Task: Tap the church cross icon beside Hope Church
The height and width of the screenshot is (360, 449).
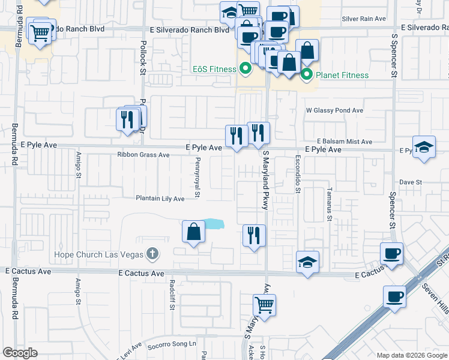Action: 152,254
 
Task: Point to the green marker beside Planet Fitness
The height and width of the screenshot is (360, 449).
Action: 307,75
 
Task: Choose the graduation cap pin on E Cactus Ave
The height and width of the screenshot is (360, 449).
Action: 307,262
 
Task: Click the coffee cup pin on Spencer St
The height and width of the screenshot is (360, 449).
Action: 391,253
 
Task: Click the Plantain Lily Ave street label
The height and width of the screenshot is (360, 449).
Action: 160,199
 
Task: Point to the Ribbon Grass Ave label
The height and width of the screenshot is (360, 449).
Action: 143,155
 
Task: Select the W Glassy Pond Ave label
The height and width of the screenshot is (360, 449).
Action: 334,110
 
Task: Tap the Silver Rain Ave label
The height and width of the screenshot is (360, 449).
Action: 364,19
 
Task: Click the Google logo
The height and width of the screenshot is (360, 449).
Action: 20,353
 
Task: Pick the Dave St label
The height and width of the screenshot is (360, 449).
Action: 411,182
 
